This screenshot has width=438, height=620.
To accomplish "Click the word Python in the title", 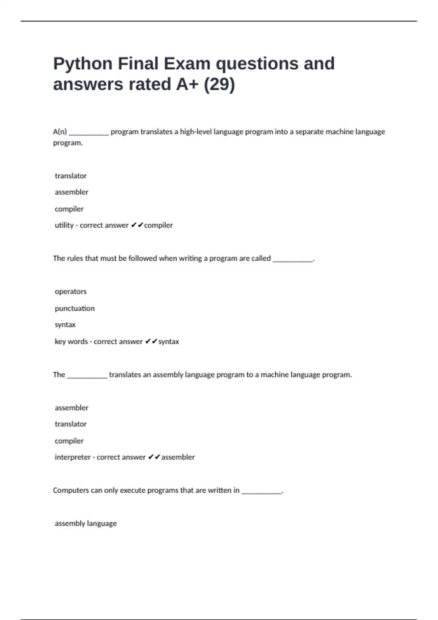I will click(x=82, y=64).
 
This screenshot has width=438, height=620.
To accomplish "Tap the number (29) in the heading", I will click(x=219, y=84).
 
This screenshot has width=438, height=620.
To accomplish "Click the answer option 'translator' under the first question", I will click(x=70, y=176).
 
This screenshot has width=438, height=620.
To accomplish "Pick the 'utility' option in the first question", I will click(x=64, y=225).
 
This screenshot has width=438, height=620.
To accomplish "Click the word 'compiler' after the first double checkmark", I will click(x=158, y=225).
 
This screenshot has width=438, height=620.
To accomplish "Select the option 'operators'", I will click(x=70, y=291).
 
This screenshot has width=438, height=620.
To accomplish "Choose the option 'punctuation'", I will click(x=74, y=308).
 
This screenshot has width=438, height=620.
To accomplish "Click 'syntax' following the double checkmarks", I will click(x=169, y=341).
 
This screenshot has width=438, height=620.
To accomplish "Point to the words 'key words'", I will click(x=71, y=341).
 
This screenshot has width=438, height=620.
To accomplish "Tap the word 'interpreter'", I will click(x=72, y=457).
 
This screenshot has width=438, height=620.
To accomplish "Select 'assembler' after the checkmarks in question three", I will click(x=178, y=457).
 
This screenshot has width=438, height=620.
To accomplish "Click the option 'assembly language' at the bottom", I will click(x=85, y=523).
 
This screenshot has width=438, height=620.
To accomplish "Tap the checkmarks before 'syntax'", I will click(x=151, y=341).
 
